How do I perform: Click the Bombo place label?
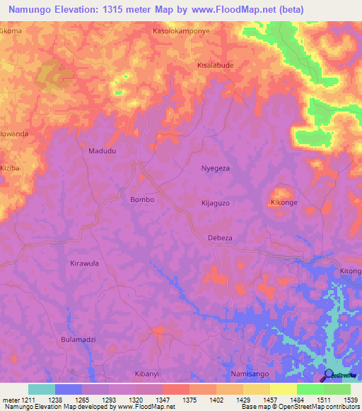[141, 200]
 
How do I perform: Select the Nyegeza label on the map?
[216, 170]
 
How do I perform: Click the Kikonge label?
[284, 203]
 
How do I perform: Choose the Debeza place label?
[220, 238]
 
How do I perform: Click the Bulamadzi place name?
[78, 340]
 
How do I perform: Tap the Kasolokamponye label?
[181, 32]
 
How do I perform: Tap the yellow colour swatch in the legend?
[284, 389]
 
